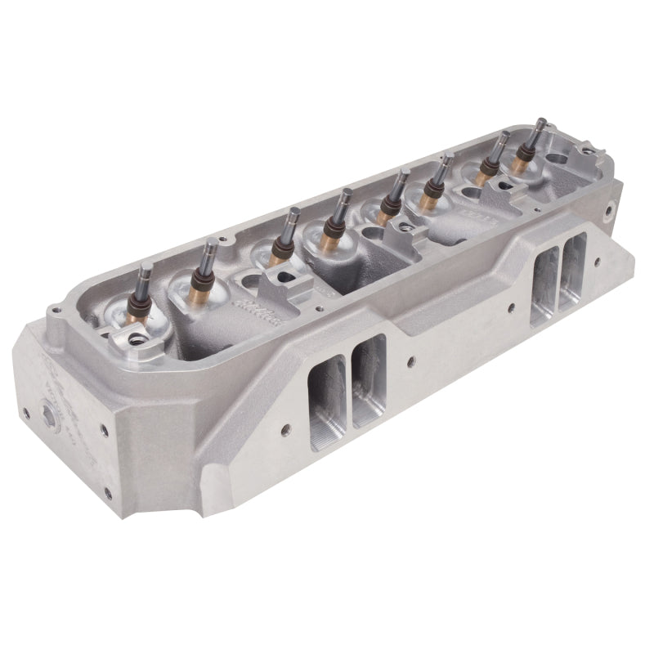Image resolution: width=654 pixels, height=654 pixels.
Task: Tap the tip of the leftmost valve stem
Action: pyautogui.click(x=144, y=267)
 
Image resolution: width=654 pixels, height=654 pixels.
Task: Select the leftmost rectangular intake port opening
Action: pyautogui.click(x=326, y=392)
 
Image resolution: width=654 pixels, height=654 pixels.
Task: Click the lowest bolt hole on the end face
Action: pyautogui.click(x=107, y=492)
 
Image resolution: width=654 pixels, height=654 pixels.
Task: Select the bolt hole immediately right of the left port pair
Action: pyautogui.click(x=410, y=359)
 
